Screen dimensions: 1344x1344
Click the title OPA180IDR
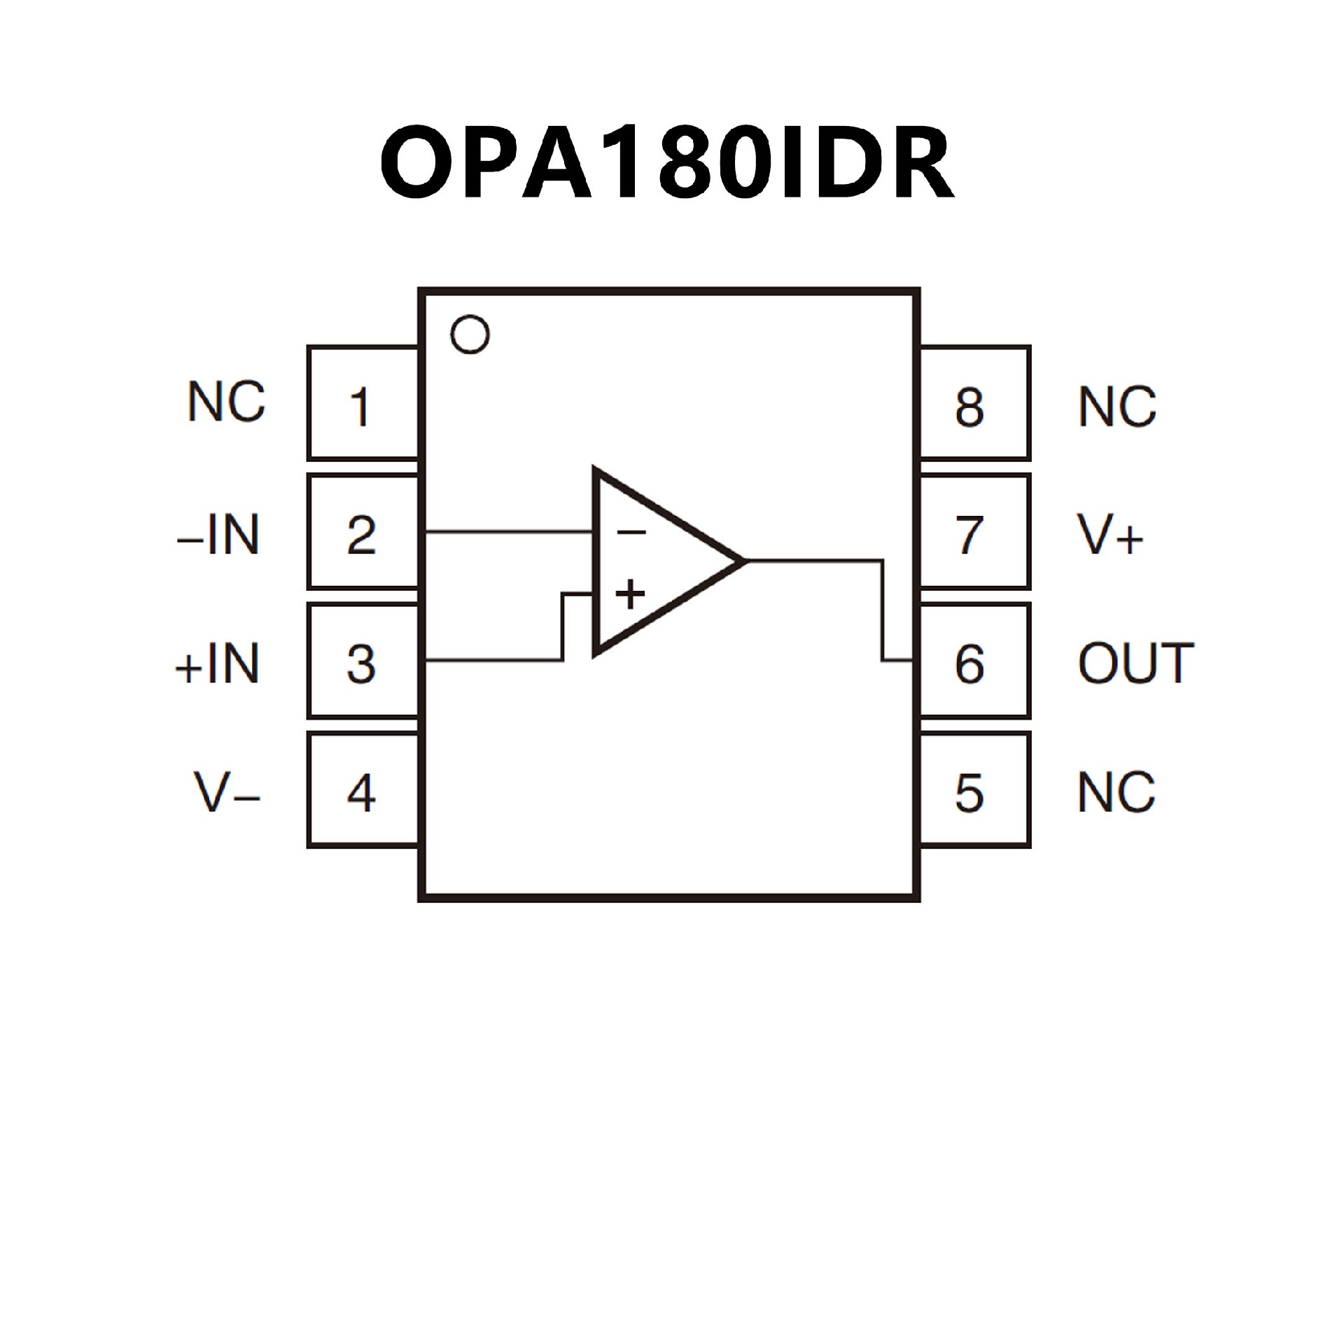pyautogui.click(x=666, y=162)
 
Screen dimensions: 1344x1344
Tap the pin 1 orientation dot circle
pyautogui.click(x=470, y=335)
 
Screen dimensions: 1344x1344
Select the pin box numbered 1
pyautogui.click(x=363, y=404)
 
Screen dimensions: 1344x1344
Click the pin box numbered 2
pyautogui.click(x=363, y=533)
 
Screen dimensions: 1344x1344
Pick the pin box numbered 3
pyautogui.click(x=363, y=661)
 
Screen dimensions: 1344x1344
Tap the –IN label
pyautogui.click(x=218, y=534)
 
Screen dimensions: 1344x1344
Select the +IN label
pyautogui.click(x=217, y=663)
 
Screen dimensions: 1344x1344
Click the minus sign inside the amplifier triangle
pyautogui.click(x=631, y=533)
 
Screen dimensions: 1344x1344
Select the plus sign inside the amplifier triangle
pyautogui.click(x=630, y=594)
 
